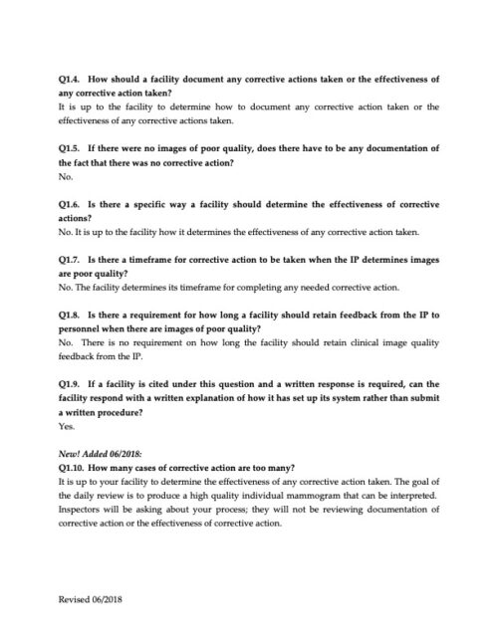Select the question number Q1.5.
71,147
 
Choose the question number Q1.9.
71,382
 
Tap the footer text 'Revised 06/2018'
92,602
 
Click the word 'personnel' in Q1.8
84,328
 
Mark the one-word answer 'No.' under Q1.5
66,176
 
